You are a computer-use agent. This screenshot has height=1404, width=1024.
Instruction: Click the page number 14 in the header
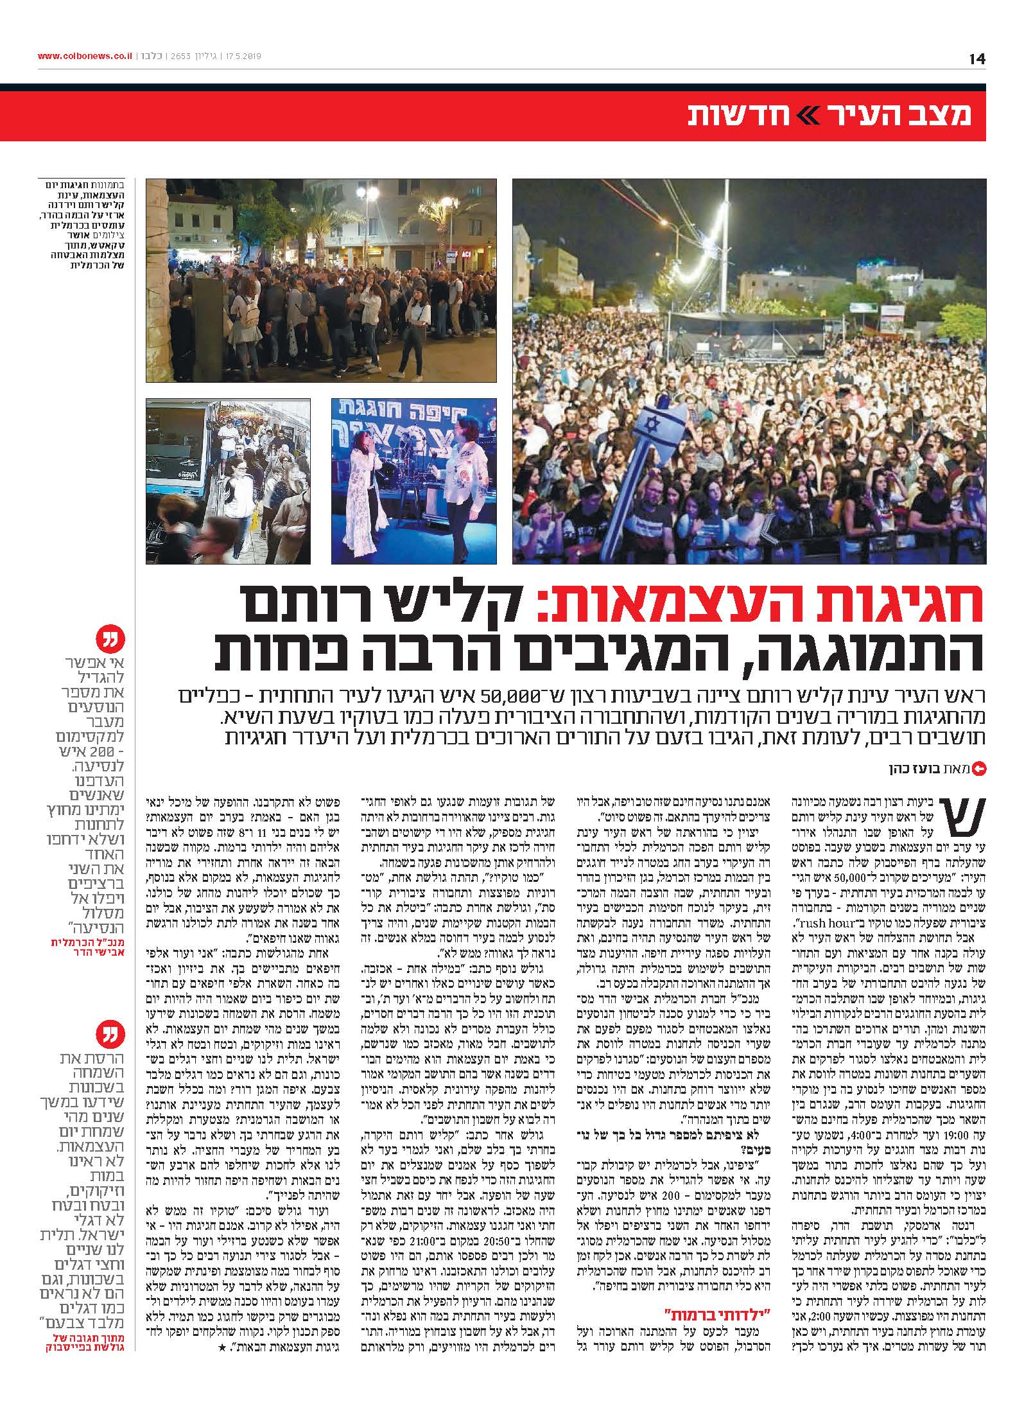click(976, 58)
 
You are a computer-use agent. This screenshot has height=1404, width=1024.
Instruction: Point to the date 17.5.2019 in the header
click(241, 57)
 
